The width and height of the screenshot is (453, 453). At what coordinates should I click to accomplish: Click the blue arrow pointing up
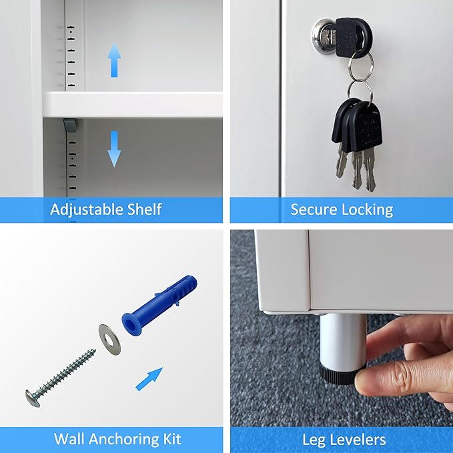tap(114, 60)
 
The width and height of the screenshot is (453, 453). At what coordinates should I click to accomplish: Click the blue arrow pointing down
tap(114, 149)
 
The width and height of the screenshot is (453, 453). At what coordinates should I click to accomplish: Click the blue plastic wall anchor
tap(159, 304)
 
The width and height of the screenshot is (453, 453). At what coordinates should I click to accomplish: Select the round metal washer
tap(109, 340)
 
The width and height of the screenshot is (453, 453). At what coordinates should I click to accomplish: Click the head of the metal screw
tap(33, 399)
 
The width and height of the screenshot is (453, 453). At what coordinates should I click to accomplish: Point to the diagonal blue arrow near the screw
tap(149, 379)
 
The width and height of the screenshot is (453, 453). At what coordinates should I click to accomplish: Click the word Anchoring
tap(125, 440)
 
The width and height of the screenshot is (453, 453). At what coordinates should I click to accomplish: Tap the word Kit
tap(172, 439)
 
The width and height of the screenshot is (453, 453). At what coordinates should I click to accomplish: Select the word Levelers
tap(358, 440)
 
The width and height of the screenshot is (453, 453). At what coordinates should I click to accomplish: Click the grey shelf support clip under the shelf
tap(71, 125)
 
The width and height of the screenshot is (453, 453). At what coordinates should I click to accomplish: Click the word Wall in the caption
tap(71, 439)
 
